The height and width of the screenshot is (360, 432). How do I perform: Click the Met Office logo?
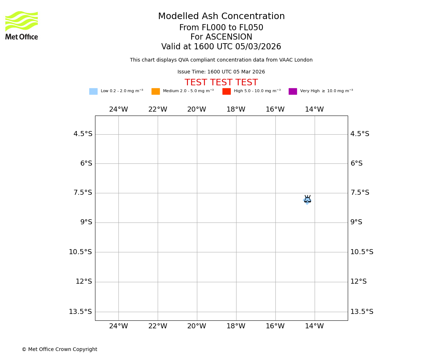22,25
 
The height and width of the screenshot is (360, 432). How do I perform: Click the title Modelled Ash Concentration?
221,17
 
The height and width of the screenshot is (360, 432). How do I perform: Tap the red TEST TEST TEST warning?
221,83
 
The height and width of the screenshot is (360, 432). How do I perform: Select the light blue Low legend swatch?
93,91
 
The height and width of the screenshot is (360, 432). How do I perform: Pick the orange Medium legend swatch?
156,91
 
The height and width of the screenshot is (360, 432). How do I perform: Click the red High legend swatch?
226,91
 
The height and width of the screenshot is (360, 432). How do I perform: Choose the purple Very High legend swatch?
293,91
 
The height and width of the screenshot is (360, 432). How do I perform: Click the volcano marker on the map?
307,199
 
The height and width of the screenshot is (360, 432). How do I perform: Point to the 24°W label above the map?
118,109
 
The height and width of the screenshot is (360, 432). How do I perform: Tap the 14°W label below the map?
314,326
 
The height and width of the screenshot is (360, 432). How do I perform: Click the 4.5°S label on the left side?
83,134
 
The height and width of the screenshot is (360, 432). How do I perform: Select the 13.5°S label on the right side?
362,312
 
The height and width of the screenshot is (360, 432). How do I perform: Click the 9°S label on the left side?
86,222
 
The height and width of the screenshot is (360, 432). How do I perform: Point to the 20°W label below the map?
197,326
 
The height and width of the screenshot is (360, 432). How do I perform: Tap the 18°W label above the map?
236,109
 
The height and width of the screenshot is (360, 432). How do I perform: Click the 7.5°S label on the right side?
360,193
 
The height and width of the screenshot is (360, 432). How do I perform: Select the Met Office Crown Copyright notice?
59,350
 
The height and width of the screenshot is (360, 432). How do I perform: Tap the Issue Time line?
221,72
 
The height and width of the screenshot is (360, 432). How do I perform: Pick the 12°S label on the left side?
84,282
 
